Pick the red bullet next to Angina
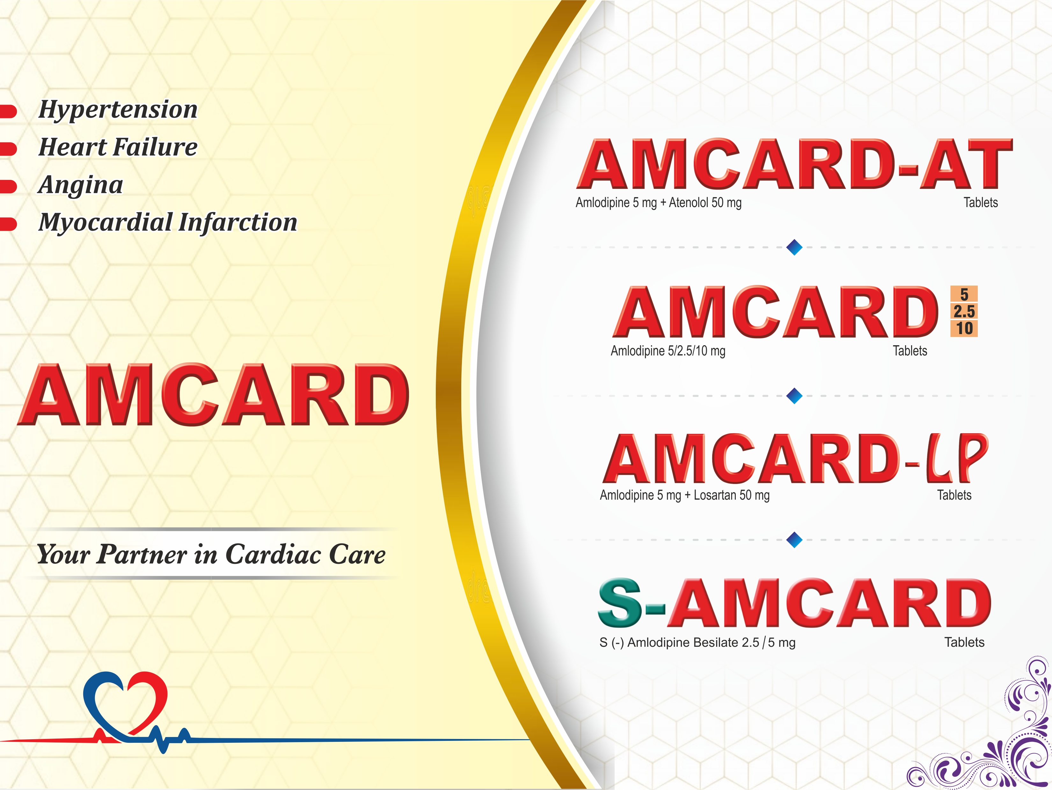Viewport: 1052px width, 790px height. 8,186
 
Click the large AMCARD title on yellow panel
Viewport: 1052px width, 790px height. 213,395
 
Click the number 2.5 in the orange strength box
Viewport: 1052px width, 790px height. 964,311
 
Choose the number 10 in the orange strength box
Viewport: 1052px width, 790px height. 964,328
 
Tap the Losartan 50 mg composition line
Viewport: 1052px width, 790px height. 731,496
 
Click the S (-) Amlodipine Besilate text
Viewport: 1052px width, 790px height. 697,643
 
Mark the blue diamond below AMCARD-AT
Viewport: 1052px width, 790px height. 794,248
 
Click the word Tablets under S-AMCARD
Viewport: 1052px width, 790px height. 964,643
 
